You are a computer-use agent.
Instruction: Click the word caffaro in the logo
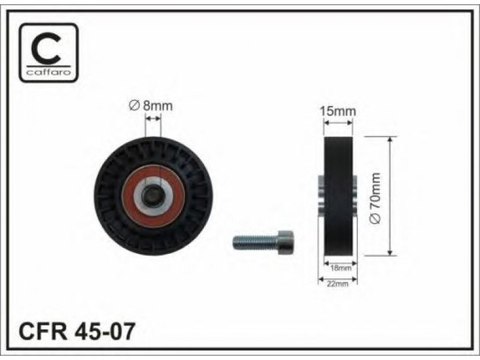(49, 72)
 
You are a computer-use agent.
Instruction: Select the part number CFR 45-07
(77, 331)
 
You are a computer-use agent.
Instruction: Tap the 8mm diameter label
(151, 106)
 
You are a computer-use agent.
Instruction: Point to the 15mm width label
(338, 111)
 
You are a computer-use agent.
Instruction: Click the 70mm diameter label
(376, 198)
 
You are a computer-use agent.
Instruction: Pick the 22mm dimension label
(338, 284)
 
